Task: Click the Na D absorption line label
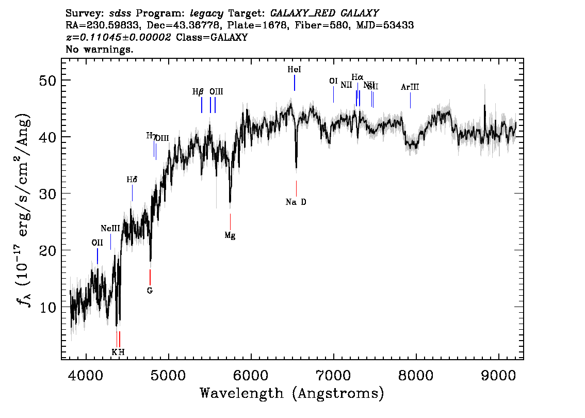[x=296, y=202]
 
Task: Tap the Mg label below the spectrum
[x=230, y=235]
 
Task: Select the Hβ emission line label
[x=198, y=92]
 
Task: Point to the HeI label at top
[x=294, y=69]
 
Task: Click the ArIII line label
[x=410, y=87]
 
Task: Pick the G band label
[x=150, y=291]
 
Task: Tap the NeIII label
[x=110, y=228]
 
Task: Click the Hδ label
[x=132, y=180]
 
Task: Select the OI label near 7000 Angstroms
[x=333, y=81]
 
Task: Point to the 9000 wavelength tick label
[x=499, y=374]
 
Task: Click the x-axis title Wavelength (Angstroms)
[x=292, y=394]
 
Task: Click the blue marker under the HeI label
[x=295, y=83]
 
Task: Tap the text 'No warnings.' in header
[x=100, y=50]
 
